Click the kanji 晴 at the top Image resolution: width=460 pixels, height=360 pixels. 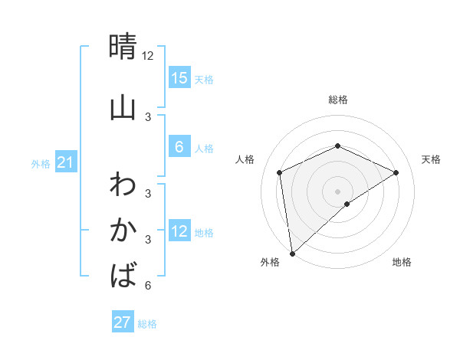click(123, 47)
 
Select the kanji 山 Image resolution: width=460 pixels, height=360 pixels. click(123, 107)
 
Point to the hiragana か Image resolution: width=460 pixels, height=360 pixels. click(123, 230)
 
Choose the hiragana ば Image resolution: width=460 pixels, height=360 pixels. click(123, 273)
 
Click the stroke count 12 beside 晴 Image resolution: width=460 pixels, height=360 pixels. click(148, 55)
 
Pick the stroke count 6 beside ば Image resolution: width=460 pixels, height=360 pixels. click(148, 286)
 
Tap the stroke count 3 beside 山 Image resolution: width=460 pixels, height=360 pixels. click(148, 116)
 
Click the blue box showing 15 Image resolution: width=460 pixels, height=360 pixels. click(179, 78)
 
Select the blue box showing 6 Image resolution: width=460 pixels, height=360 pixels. click(179, 147)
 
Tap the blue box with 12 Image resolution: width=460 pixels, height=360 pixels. click(179, 231)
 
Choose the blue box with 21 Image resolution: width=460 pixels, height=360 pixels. click(66, 163)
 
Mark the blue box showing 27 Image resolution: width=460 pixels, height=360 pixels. click(123, 322)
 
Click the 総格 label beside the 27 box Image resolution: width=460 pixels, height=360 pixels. click(147, 324)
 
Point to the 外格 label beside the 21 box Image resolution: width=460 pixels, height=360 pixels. click(41, 164)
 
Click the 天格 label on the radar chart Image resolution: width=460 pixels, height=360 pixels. click(431, 159)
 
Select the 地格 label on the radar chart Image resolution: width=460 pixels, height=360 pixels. click(402, 263)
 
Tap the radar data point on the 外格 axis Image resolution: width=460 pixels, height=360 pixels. click(292, 253)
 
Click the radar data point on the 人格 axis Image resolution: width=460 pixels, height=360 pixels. click(280, 172)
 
